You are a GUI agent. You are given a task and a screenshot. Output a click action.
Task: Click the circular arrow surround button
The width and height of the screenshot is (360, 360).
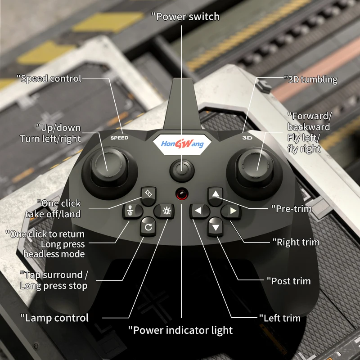point(148,227)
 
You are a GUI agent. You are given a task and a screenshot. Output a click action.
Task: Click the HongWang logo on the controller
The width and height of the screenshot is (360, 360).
point(182,144)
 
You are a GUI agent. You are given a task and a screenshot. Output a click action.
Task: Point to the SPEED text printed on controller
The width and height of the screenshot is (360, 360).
point(119,138)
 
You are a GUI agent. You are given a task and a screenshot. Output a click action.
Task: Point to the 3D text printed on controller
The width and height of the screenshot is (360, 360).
point(247,138)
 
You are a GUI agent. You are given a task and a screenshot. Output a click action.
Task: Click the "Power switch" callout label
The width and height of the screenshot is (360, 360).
point(185,17)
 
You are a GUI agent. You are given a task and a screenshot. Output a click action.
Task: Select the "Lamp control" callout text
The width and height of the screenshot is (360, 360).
point(54,318)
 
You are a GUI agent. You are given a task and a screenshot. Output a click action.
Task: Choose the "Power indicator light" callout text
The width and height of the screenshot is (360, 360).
point(180,330)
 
